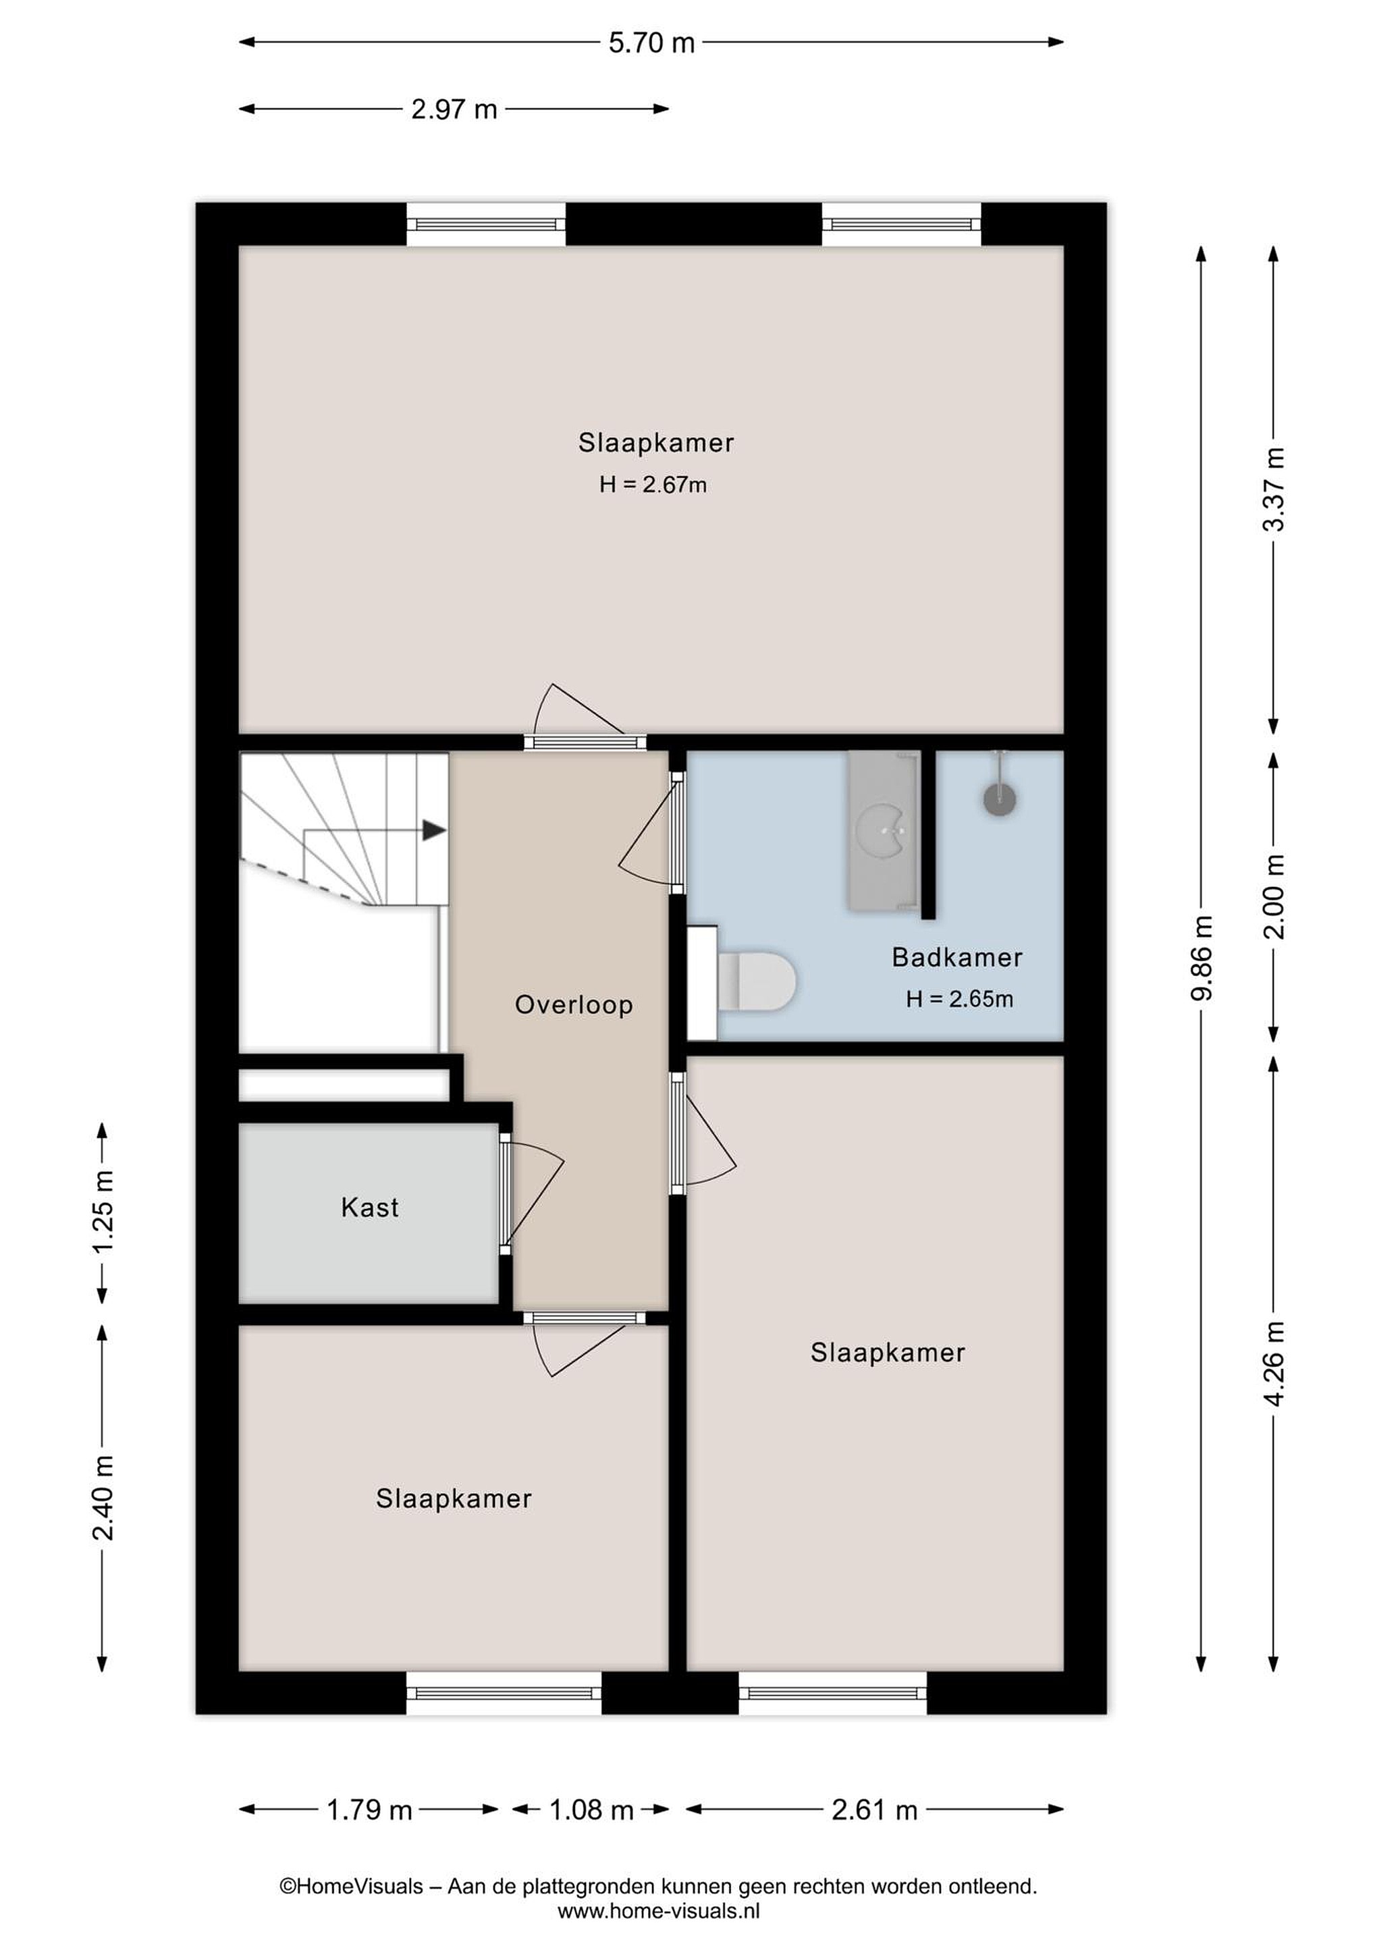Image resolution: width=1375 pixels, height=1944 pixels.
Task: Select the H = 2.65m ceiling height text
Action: (x=959, y=999)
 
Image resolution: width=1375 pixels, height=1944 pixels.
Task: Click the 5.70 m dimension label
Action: (x=651, y=43)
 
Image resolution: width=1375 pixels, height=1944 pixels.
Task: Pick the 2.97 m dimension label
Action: (x=454, y=109)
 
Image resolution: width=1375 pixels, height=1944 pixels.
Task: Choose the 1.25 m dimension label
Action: (x=103, y=1212)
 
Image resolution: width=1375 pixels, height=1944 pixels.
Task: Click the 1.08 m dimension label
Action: (x=591, y=1810)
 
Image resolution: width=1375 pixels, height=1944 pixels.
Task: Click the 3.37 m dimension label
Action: (x=1273, y=489)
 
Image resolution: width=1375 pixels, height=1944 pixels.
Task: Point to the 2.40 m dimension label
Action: (x=103, y=1497)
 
